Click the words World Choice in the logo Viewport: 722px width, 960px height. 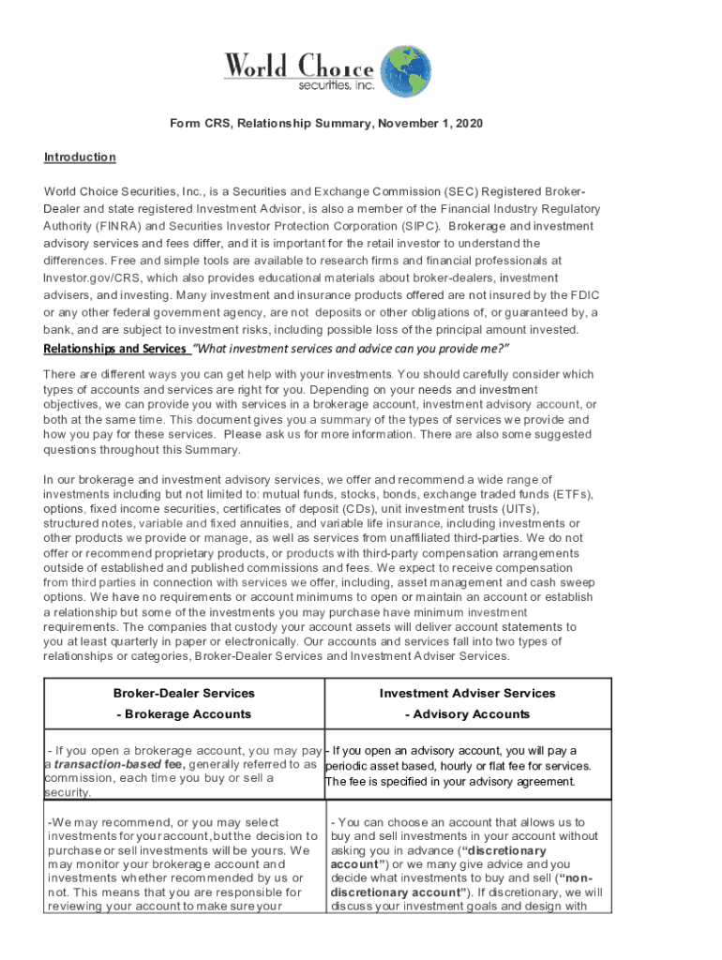click(298, 67)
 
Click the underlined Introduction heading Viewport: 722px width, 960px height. click(80, 157)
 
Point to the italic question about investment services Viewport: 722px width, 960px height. click(351, 349)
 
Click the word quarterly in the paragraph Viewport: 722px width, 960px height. click(132, 641)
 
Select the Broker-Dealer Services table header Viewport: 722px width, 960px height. click(184, 693)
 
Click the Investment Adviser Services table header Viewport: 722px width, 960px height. click(467, 693)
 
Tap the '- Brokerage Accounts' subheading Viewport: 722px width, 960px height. click(184, 713)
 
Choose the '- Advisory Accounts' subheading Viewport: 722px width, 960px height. click(467, 713)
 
